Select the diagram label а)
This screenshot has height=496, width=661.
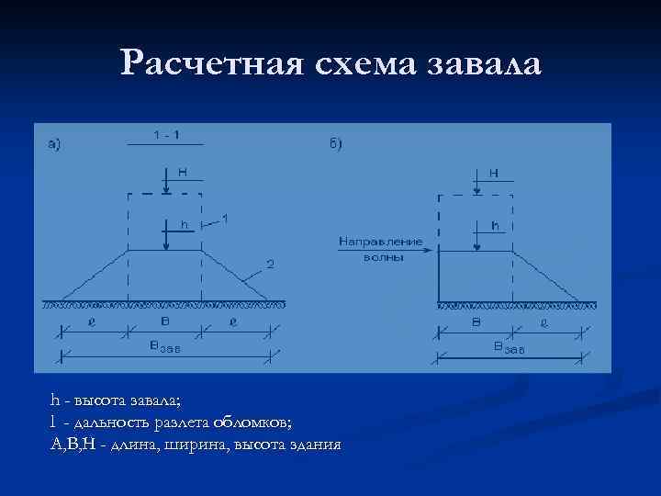click(x=55, y=143)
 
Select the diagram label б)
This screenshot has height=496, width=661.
click(x=335, y=143)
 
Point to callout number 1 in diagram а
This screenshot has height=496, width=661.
click(x=226, y=219)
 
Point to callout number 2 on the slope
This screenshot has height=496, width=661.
click(x=270, y=265)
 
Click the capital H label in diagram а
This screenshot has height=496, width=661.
click(x=184, y=171)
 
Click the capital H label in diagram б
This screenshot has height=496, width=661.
click(x=495, y=172)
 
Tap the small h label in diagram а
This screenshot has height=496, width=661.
click(x=184, y=223)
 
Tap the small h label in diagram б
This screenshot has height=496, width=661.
click(x=496, y=224)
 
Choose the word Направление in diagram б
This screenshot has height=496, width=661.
click(x=381, y=242)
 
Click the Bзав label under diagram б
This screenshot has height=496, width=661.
click(x=508, y=347)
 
